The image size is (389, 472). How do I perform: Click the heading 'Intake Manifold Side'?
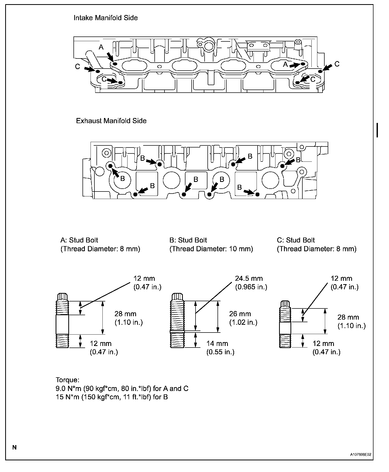pos(106,18)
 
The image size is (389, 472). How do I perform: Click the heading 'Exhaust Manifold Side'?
pos(111,121)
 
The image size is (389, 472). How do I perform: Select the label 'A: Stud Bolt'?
pos(79,240)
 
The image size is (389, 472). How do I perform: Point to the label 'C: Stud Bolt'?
pos(296,240)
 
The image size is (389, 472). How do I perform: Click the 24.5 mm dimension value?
pos(249,278)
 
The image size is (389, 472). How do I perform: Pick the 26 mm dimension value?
pos(240,314)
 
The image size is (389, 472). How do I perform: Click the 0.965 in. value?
pos(251,287)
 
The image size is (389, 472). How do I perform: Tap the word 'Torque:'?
pos(68,380)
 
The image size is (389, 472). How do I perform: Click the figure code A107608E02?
pos(362,454)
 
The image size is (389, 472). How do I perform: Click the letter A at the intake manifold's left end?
pos(101,47)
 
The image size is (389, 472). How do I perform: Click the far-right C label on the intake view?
pos(337,64)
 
